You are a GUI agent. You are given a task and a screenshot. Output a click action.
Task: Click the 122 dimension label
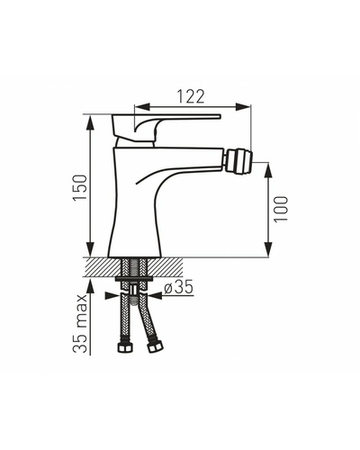coord(190,96)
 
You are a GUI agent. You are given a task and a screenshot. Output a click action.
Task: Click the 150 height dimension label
coord(80,188)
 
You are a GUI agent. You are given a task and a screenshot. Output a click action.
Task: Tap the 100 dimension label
coord(281,209)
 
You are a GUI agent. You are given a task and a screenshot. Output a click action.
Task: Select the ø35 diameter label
coord(179,287)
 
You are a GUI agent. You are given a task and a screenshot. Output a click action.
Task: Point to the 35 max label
coord(80,323)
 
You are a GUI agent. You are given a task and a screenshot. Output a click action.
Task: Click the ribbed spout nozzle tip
coord(239,162)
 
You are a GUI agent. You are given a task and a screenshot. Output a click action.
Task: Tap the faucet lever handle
coord(166,128)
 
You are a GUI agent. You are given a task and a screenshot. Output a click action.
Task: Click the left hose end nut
coord(125,347)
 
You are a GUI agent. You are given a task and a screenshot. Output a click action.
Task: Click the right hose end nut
coord(155,347)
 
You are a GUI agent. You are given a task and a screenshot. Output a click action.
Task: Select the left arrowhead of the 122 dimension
coord(141,106)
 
